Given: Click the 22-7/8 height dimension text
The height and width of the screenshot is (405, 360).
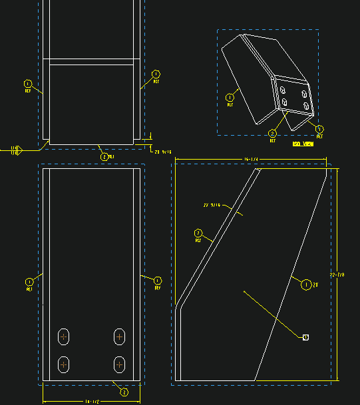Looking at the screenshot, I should pyautogui.click(x=341, y=274).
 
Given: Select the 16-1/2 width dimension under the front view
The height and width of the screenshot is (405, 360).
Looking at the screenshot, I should pyautogui.click(x=92, y=402).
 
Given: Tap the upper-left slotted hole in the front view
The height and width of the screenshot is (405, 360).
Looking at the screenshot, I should pyautogui.click(x=64, y=337).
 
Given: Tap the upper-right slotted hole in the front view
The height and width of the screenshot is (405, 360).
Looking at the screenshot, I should pyautogui.click(x=119, y=337).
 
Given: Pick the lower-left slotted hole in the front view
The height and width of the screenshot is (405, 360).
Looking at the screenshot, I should pyautogui.click(x=64, y=364).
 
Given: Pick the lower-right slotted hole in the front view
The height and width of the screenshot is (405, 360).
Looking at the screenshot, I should pyautogui.click(x=119, y=364).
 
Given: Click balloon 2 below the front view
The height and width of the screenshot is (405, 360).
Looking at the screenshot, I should pyautogui.click(x=123, y=392).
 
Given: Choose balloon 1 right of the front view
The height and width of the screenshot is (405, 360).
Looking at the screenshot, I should pyautogui.click(x=158, y=280).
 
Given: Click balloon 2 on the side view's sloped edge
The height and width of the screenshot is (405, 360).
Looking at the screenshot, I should pyautogui.click(x=198, y=233).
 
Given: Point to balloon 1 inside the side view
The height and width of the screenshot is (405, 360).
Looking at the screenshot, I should pyautogui.click(x=305, y=285).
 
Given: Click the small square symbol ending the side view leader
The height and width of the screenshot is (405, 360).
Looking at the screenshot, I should pyautogui.click(x=305, y=337).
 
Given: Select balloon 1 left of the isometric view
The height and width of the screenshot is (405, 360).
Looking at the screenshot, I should pyautogui.click(x=230, y=96).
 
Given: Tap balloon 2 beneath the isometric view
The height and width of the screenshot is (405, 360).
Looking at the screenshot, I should pyautogui.click(x=272, y=133).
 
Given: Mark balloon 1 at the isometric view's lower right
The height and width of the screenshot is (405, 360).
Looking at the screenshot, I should pyautogui.click(x=319, y=128).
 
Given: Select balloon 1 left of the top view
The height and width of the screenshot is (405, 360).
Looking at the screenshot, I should pyautogui.click(x=28, y=83).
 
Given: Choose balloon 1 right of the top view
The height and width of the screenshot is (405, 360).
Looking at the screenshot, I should pyautogui.click(x=156, y=74).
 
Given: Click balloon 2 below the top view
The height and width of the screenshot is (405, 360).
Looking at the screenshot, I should pyautogui.click(x=104, y=157).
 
